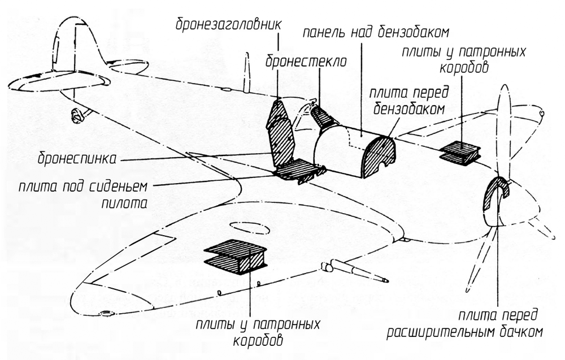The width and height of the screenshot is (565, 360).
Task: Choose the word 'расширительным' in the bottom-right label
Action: point(435,332)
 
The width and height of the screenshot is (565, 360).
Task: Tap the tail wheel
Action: point(76,116)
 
